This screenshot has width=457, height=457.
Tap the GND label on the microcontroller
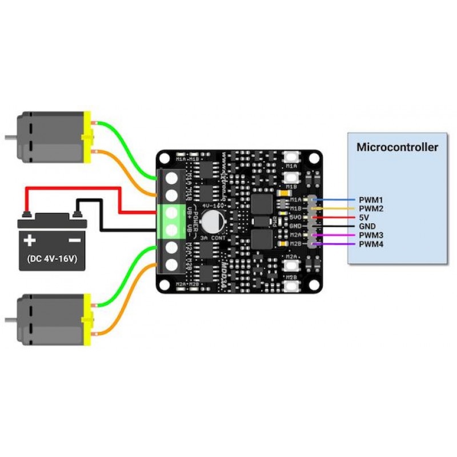(368, 227)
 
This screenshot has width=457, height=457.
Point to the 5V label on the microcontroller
(364, 218)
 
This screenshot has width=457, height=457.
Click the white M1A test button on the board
(292, 156)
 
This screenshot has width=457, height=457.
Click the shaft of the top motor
(10, 138)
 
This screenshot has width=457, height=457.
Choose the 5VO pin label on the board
(295, 218)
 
